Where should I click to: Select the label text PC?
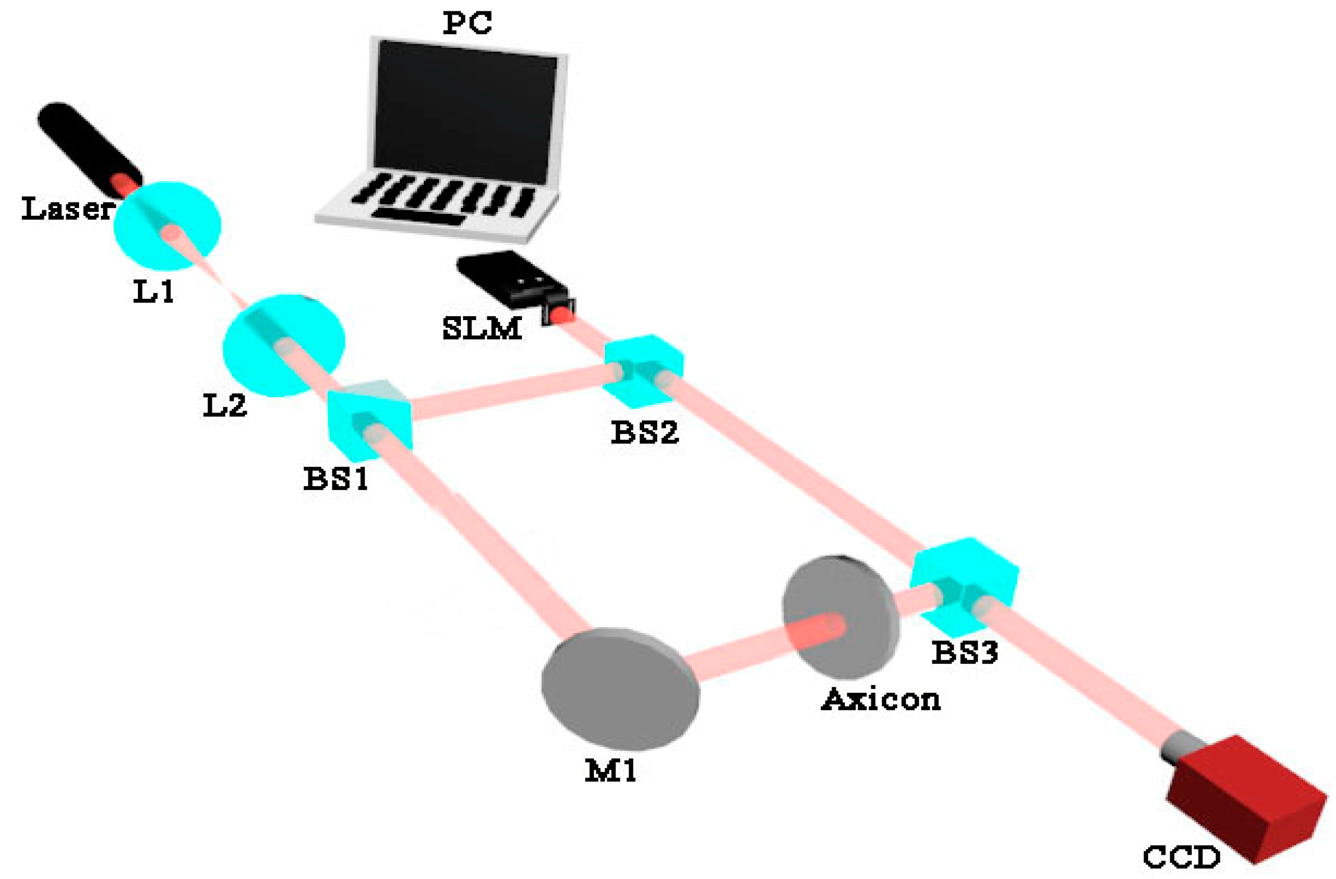click(467, 24)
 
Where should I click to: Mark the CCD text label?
click(1181, 858)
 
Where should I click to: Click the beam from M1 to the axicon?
click(741, 656)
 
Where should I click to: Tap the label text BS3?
click(965, 653)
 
